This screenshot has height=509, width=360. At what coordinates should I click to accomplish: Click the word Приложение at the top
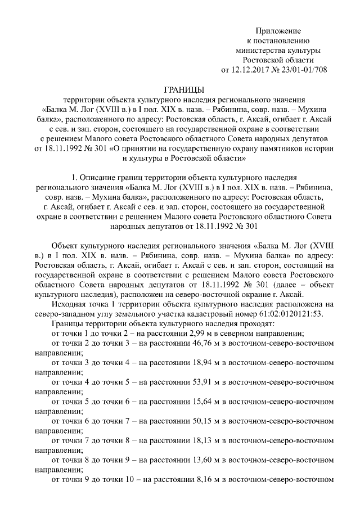(279, 30)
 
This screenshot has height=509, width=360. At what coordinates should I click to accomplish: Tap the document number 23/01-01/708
(304, 70)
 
